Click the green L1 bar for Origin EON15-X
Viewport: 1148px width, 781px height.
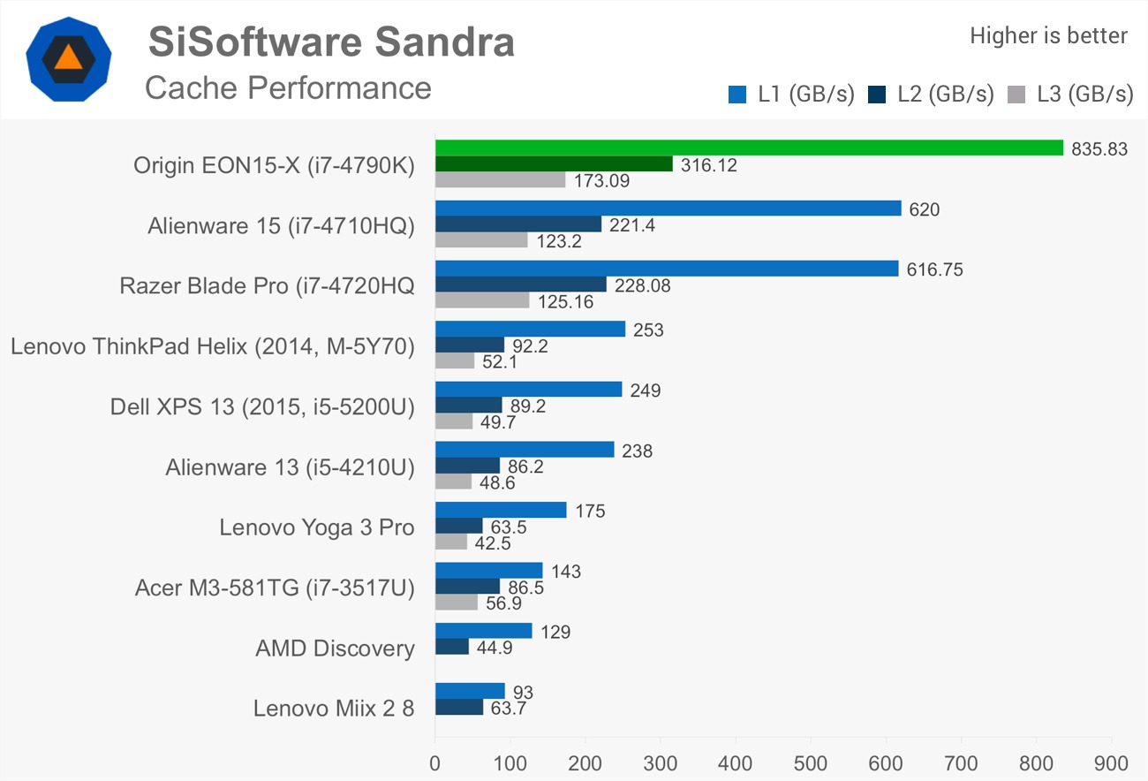pos(749,148)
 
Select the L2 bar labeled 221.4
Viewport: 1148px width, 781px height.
pos(518,224)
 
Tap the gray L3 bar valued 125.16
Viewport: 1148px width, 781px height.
pos(482,300)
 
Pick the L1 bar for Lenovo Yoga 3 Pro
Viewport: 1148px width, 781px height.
pos(501,510)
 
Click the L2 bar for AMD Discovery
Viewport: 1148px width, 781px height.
pos(452,647)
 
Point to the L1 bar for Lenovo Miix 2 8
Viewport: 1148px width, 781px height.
pos(470,690)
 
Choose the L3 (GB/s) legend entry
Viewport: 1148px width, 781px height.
pos(1070,95)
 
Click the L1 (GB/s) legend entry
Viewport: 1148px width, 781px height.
pos(791,95)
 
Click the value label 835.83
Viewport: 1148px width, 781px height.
pos(1099,149)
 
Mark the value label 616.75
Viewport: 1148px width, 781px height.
pos(934,270)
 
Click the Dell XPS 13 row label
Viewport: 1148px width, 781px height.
pos(262,406)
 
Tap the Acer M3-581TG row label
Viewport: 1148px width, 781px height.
pos(275,588)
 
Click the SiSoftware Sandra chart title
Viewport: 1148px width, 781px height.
pos(331,42)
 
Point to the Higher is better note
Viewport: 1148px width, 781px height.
pos(1048,35)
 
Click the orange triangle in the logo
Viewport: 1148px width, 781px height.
pos(68,58)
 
